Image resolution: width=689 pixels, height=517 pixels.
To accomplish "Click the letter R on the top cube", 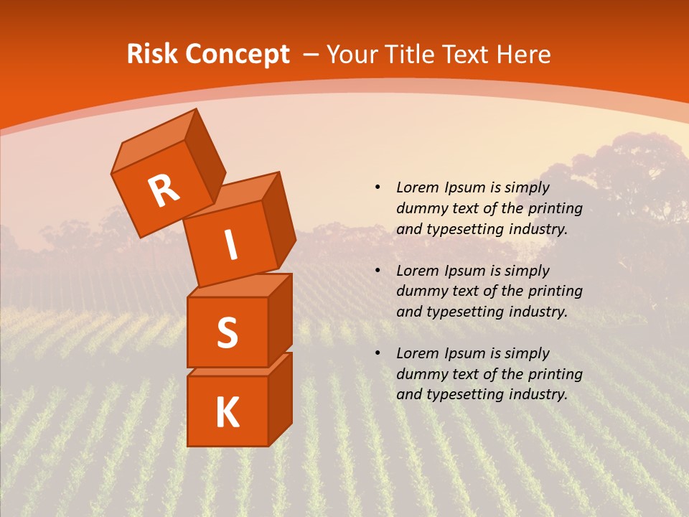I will pos(164,191).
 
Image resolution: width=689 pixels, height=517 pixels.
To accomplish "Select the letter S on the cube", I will pos(227,332).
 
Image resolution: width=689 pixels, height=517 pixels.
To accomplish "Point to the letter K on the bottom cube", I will pos(227,413).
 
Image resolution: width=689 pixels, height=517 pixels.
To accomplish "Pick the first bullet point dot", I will pos(378,187).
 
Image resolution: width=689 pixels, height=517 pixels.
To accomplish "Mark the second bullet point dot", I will pos(378,271).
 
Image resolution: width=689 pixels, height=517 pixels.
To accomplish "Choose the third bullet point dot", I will pos(378,353).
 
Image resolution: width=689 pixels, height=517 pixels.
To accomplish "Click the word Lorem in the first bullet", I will pos(416,187).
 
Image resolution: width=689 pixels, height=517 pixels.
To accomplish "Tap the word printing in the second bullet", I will pos(555,292).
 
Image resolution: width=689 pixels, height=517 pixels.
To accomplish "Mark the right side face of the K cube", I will pos(280,399).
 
